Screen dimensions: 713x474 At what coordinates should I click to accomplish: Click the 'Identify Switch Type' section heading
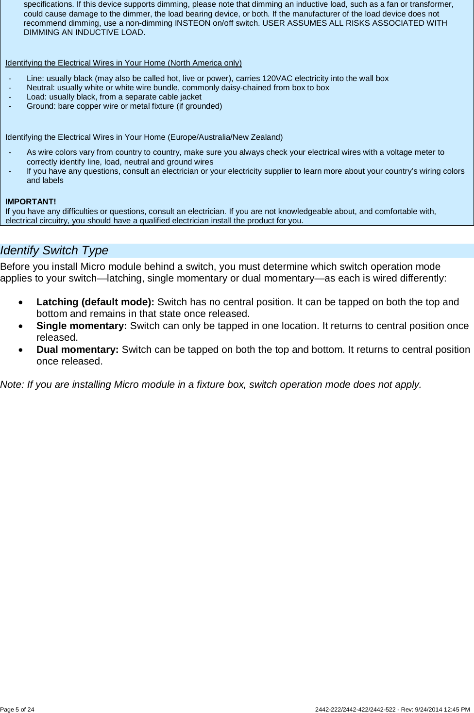(x=54, y=250)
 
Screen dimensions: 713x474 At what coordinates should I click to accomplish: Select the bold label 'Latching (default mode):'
(x=95, y=302)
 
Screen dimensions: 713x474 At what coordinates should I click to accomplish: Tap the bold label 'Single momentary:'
(x=82, y=326)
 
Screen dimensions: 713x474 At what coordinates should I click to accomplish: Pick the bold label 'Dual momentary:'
(x=77, y=349)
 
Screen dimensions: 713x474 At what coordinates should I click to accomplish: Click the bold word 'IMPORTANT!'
(x=31, y=201)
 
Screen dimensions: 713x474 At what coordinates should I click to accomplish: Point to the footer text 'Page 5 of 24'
(x=17, y=710)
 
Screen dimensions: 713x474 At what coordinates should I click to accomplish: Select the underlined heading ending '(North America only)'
(x=123, y=63)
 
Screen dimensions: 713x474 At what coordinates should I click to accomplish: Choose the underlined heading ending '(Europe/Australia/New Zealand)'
(x=144, y=137)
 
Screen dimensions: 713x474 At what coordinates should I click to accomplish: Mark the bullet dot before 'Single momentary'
(x=19, y=326)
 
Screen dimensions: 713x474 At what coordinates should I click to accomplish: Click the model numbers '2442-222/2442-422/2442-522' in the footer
(x=356, y=710)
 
